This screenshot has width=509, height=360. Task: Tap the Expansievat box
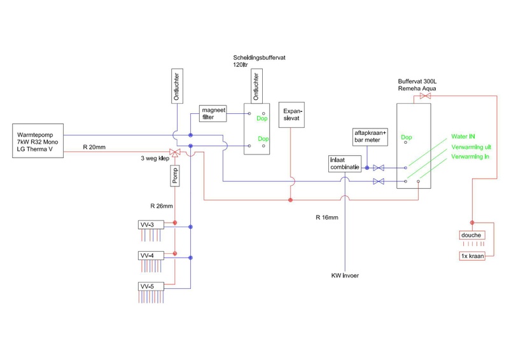pos(292,114)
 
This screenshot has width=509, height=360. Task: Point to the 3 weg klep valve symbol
pos(176,153)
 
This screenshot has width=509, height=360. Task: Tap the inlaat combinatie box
pos(344,164)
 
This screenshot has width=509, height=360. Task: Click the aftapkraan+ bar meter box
pos(367,136)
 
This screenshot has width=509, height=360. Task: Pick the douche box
pos(472,235)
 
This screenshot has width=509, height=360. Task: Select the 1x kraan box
pos(472,256)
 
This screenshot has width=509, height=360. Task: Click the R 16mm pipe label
pos(326,217)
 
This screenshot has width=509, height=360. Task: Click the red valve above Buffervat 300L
pos(426,97)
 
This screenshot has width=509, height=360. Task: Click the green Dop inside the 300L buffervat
pos(408,137)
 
